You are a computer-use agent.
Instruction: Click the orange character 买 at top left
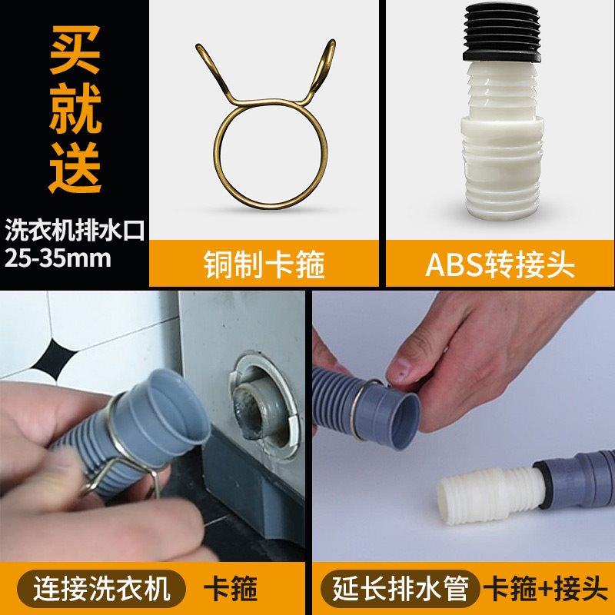click(x=75, y=52)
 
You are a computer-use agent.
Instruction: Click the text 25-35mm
click(x=58, y=258)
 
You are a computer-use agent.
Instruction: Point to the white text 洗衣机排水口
click(x=75, y=229)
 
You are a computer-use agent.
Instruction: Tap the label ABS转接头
click(x=500, y=265)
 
